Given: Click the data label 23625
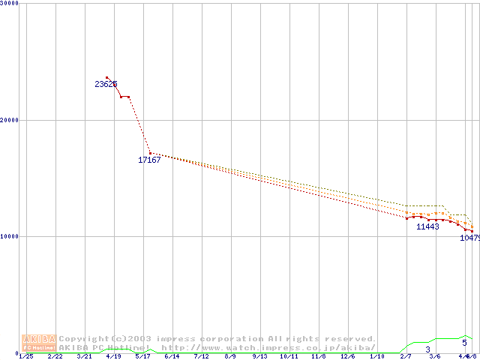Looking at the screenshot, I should (x=106, y=84).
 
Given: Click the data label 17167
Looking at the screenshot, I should (x=149, y=160).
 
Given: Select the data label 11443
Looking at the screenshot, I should (x=427, y=226).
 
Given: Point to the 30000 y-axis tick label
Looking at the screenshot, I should (x=10, y=3).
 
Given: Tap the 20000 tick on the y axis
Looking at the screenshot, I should (x=10, y=120).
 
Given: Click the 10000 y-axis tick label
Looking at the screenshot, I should (x=10, y=236).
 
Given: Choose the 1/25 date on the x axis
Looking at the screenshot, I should (x=25, y=357).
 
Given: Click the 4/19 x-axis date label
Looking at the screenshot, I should (x=113, y=357).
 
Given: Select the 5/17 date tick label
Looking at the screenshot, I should (x=142, y=357).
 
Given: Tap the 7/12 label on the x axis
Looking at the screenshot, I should (x=201, y=357).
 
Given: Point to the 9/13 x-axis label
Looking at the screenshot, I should (x=259, y=357).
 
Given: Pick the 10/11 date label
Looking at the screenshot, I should (x=289, y=357).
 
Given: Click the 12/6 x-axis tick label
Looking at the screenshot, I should (x=347, y=357).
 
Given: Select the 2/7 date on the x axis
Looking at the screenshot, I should (x=406, y=357).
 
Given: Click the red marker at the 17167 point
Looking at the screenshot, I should (x=150, y=153).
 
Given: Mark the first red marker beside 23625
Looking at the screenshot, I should (x=106, y=77).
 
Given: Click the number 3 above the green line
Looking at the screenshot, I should (x=428, y=349).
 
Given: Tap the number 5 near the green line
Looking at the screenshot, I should (x=464, y=343).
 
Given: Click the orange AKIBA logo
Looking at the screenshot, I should (x=39, y=343).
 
